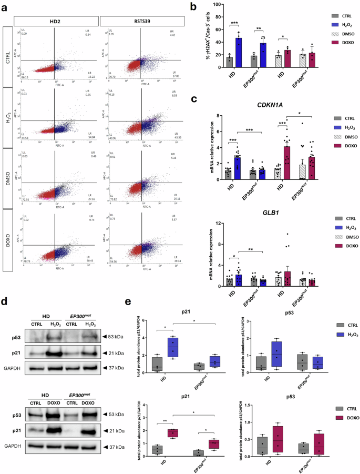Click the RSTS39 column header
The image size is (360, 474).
pyautogui.click(x=141, y=20)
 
